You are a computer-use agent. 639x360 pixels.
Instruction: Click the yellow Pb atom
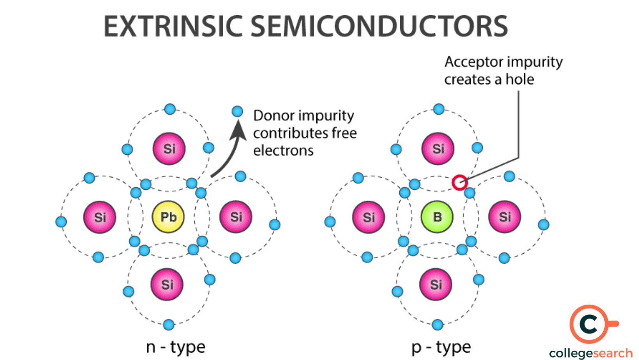click(168, 217)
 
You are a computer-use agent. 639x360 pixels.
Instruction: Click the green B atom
click(437, 217)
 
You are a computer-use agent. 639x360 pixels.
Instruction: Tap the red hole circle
click(460, 182)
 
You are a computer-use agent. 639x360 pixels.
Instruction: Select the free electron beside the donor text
click(237, 111)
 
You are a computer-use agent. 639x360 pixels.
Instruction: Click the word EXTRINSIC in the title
click(173, 26)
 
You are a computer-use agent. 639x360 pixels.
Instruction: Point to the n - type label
click(175, 347)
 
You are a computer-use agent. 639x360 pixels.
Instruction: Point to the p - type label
click(441, 347)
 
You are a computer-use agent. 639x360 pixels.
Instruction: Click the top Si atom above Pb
click(169, 148)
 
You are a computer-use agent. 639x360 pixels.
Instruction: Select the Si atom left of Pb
click(100, 217)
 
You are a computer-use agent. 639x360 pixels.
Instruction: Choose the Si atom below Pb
click(167, 284)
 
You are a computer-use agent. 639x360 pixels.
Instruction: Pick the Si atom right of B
click(505, 217)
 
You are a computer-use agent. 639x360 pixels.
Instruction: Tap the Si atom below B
click(436, 284)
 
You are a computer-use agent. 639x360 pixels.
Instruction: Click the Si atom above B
click(438, 148)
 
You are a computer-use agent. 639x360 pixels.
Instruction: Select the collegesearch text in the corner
click(591, 353)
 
